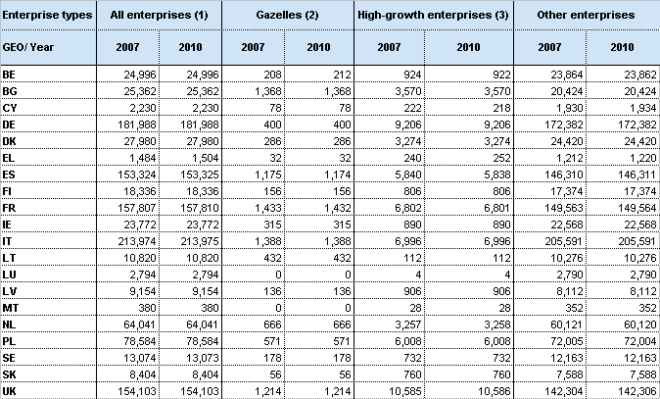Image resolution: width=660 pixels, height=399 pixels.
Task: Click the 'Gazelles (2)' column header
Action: pos(287,15)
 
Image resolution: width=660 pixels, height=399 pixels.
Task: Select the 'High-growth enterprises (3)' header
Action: pos(433,15)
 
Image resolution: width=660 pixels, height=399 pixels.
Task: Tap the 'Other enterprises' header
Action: pos(586,15)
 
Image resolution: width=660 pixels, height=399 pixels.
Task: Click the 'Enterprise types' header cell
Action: pos(47,15)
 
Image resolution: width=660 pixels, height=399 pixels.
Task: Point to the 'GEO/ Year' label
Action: pos(27,47)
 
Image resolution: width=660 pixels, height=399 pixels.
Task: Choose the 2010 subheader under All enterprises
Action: pos(190,47)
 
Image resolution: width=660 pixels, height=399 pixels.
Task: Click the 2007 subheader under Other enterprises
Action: pos(549,47)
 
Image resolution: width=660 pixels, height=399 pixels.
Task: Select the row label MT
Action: pos(11,308)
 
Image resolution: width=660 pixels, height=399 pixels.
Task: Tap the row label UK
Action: pos(9,391)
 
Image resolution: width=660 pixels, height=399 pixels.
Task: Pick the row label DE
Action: pos(9,125)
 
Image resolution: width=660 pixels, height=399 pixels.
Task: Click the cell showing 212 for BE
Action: pos(341,75)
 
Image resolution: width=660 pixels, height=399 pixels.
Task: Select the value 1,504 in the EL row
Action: pos(203,158)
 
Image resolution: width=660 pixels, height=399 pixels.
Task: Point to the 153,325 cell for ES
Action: pos(200,175)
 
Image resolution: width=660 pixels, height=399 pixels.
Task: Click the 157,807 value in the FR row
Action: pos(136,208)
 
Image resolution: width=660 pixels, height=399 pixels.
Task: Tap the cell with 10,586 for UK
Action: pos(492,391)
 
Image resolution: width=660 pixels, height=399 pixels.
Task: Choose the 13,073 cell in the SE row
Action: pos(203,358)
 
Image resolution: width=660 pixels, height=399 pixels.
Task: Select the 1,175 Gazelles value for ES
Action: pos(267,175)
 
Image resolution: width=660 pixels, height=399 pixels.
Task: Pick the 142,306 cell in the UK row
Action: pos(637,391)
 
